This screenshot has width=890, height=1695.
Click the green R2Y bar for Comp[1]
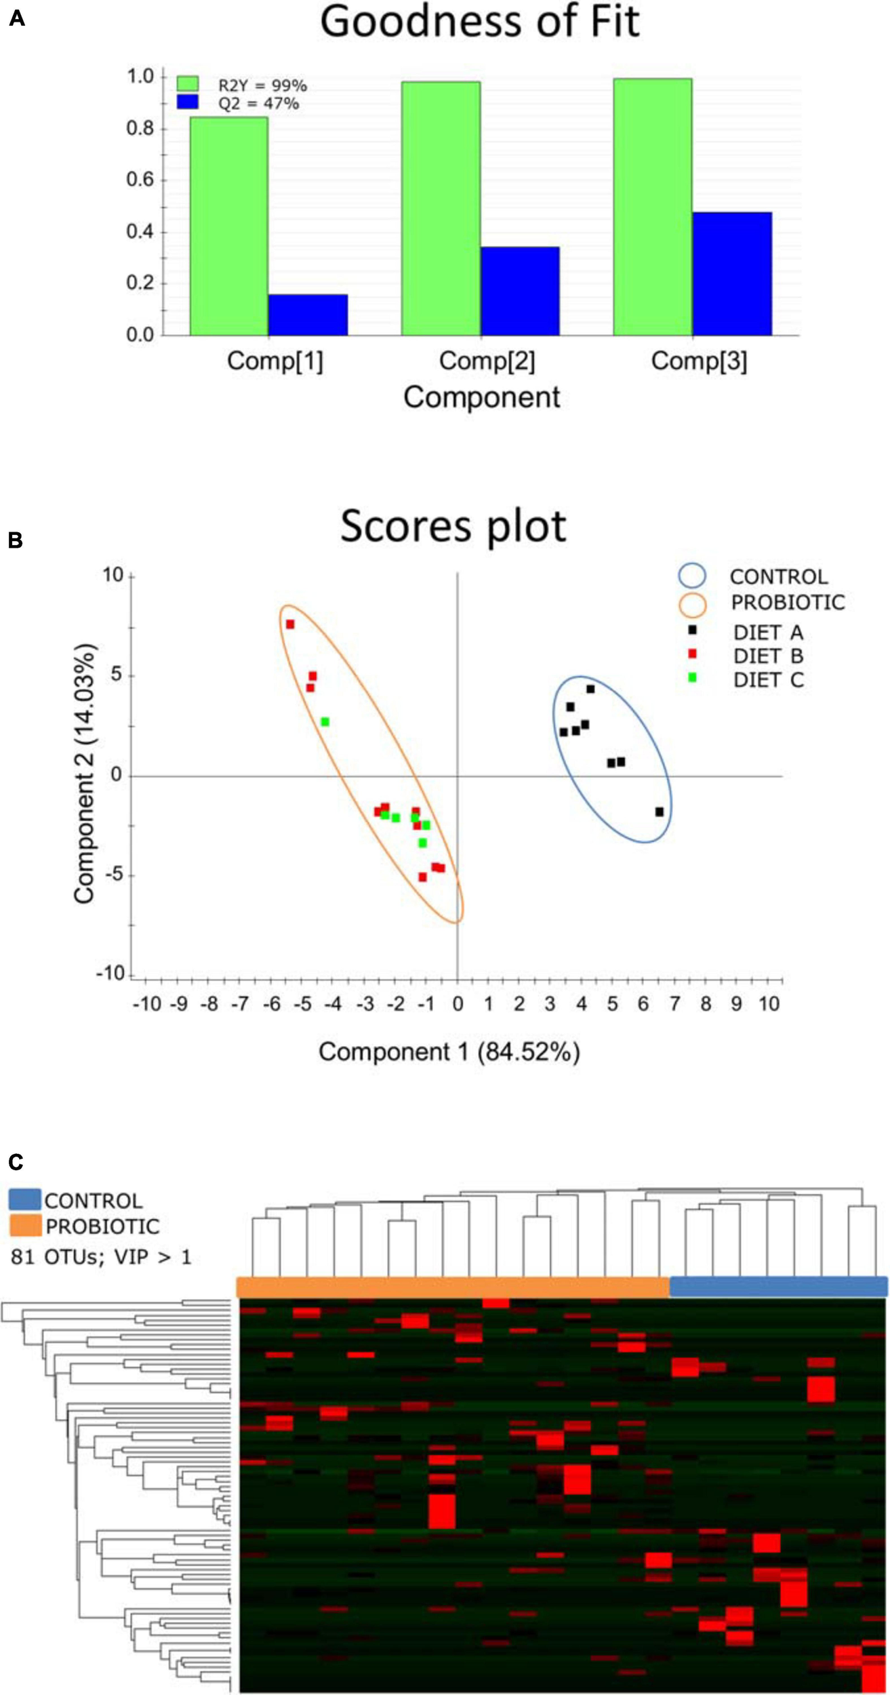pyautogui.click(x=228, y=227)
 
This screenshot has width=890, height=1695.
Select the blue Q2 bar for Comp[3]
pyautogui.click(x=732, y=274)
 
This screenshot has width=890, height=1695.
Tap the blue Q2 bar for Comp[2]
pyautogui.click(x=520, y=292)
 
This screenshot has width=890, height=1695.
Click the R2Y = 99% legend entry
pyautogui.click(x=262, y=85)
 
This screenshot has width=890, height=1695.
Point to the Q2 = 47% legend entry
pyautogui.click(x=258, y=104)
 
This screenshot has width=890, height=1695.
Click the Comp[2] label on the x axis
pyautogui.click(x=487, y=361)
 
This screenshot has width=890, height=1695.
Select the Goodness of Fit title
pyautogui.click(x=479, y=22)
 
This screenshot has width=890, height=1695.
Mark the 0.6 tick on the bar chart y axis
pyautogui.click(x=140, y=180)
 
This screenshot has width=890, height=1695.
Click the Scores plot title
pyautogui.click(x=453, y=526)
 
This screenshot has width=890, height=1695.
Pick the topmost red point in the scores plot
pyautogui.click(x=290, y=624)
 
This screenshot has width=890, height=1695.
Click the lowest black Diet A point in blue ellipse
pyautogui.click(x=659, y=812)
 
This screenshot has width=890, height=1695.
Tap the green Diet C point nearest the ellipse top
pyautogui.click(x=325, y=722)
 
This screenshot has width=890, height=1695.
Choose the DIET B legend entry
pyautogui.click(x=767, y=656)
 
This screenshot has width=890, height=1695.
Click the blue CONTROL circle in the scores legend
pyautogui.click(x=692, y=576)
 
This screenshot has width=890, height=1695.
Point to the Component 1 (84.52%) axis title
pyautogui.click(x=449, y=1052)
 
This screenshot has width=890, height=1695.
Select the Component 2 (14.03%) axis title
pyautogui.click(x=84, y=774)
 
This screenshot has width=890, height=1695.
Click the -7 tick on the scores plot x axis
pyautogui.click(x=241, y=1003)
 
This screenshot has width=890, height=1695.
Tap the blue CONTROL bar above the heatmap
pyautogui.click(x=778, y=1286)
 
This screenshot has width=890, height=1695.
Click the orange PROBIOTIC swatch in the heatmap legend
pyautogui.click(x=25, y=1226)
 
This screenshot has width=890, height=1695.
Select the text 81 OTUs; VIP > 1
pyautogui.click(x=101, y=1256)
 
